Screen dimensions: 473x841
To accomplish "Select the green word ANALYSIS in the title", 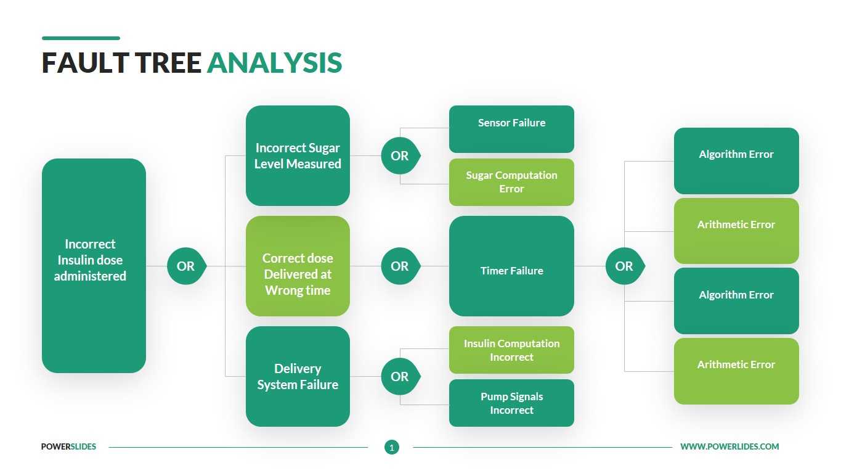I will point(274,64).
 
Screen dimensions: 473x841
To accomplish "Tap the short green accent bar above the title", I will point(81,38).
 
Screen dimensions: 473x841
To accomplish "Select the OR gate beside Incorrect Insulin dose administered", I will point(185,266).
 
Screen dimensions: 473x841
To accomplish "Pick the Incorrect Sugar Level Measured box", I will point(298,155).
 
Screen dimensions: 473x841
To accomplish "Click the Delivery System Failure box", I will point(298,376).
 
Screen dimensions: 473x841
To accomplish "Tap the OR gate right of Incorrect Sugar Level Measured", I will point(400,156).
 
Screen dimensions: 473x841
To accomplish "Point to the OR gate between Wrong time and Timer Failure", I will point(400,266).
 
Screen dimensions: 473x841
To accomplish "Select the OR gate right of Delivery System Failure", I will point(400,376).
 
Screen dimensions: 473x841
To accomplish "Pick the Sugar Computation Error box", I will point(511,182).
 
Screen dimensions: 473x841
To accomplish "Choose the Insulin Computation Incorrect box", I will point(511,350).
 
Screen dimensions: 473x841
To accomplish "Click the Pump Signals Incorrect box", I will point(511,403).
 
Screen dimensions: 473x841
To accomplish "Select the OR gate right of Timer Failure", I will point(624,266).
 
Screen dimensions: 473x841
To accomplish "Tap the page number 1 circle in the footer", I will point(392,447).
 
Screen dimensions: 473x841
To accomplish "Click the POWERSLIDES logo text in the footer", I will point(68,446).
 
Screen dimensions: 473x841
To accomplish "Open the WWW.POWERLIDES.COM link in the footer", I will point(729,446).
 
